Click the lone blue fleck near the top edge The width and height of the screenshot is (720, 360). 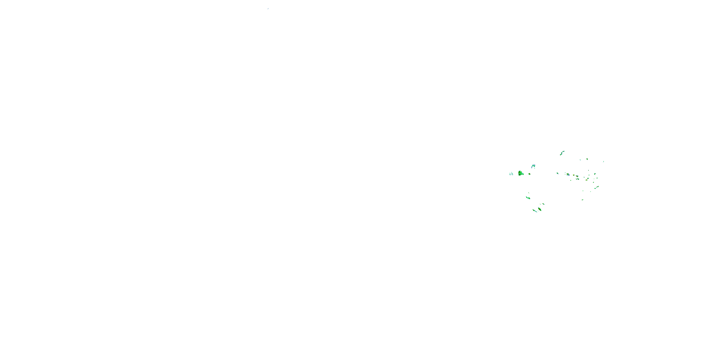point(268,9)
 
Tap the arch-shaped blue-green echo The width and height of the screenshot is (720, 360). point(533,166)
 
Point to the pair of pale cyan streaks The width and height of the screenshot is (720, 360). point(511,174)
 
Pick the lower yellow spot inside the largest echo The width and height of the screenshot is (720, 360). point(520,174)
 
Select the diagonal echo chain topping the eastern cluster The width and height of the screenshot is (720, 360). point(562,153)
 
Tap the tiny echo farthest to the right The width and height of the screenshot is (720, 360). point(603,161)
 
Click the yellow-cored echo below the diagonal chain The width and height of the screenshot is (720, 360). point(587,159)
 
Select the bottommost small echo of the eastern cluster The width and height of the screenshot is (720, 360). point(582,200)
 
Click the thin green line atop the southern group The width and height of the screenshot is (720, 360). point(528,193)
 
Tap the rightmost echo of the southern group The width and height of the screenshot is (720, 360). point(543,204)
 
